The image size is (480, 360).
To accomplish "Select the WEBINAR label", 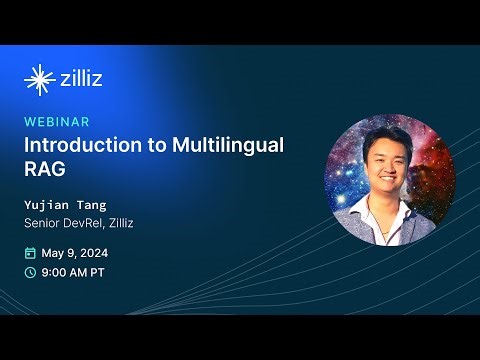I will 57,122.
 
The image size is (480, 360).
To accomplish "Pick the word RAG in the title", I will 45,169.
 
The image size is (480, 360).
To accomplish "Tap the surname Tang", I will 95,204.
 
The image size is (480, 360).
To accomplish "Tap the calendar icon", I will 30,252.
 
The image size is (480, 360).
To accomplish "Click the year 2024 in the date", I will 102,252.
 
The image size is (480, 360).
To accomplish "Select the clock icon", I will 30,272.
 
